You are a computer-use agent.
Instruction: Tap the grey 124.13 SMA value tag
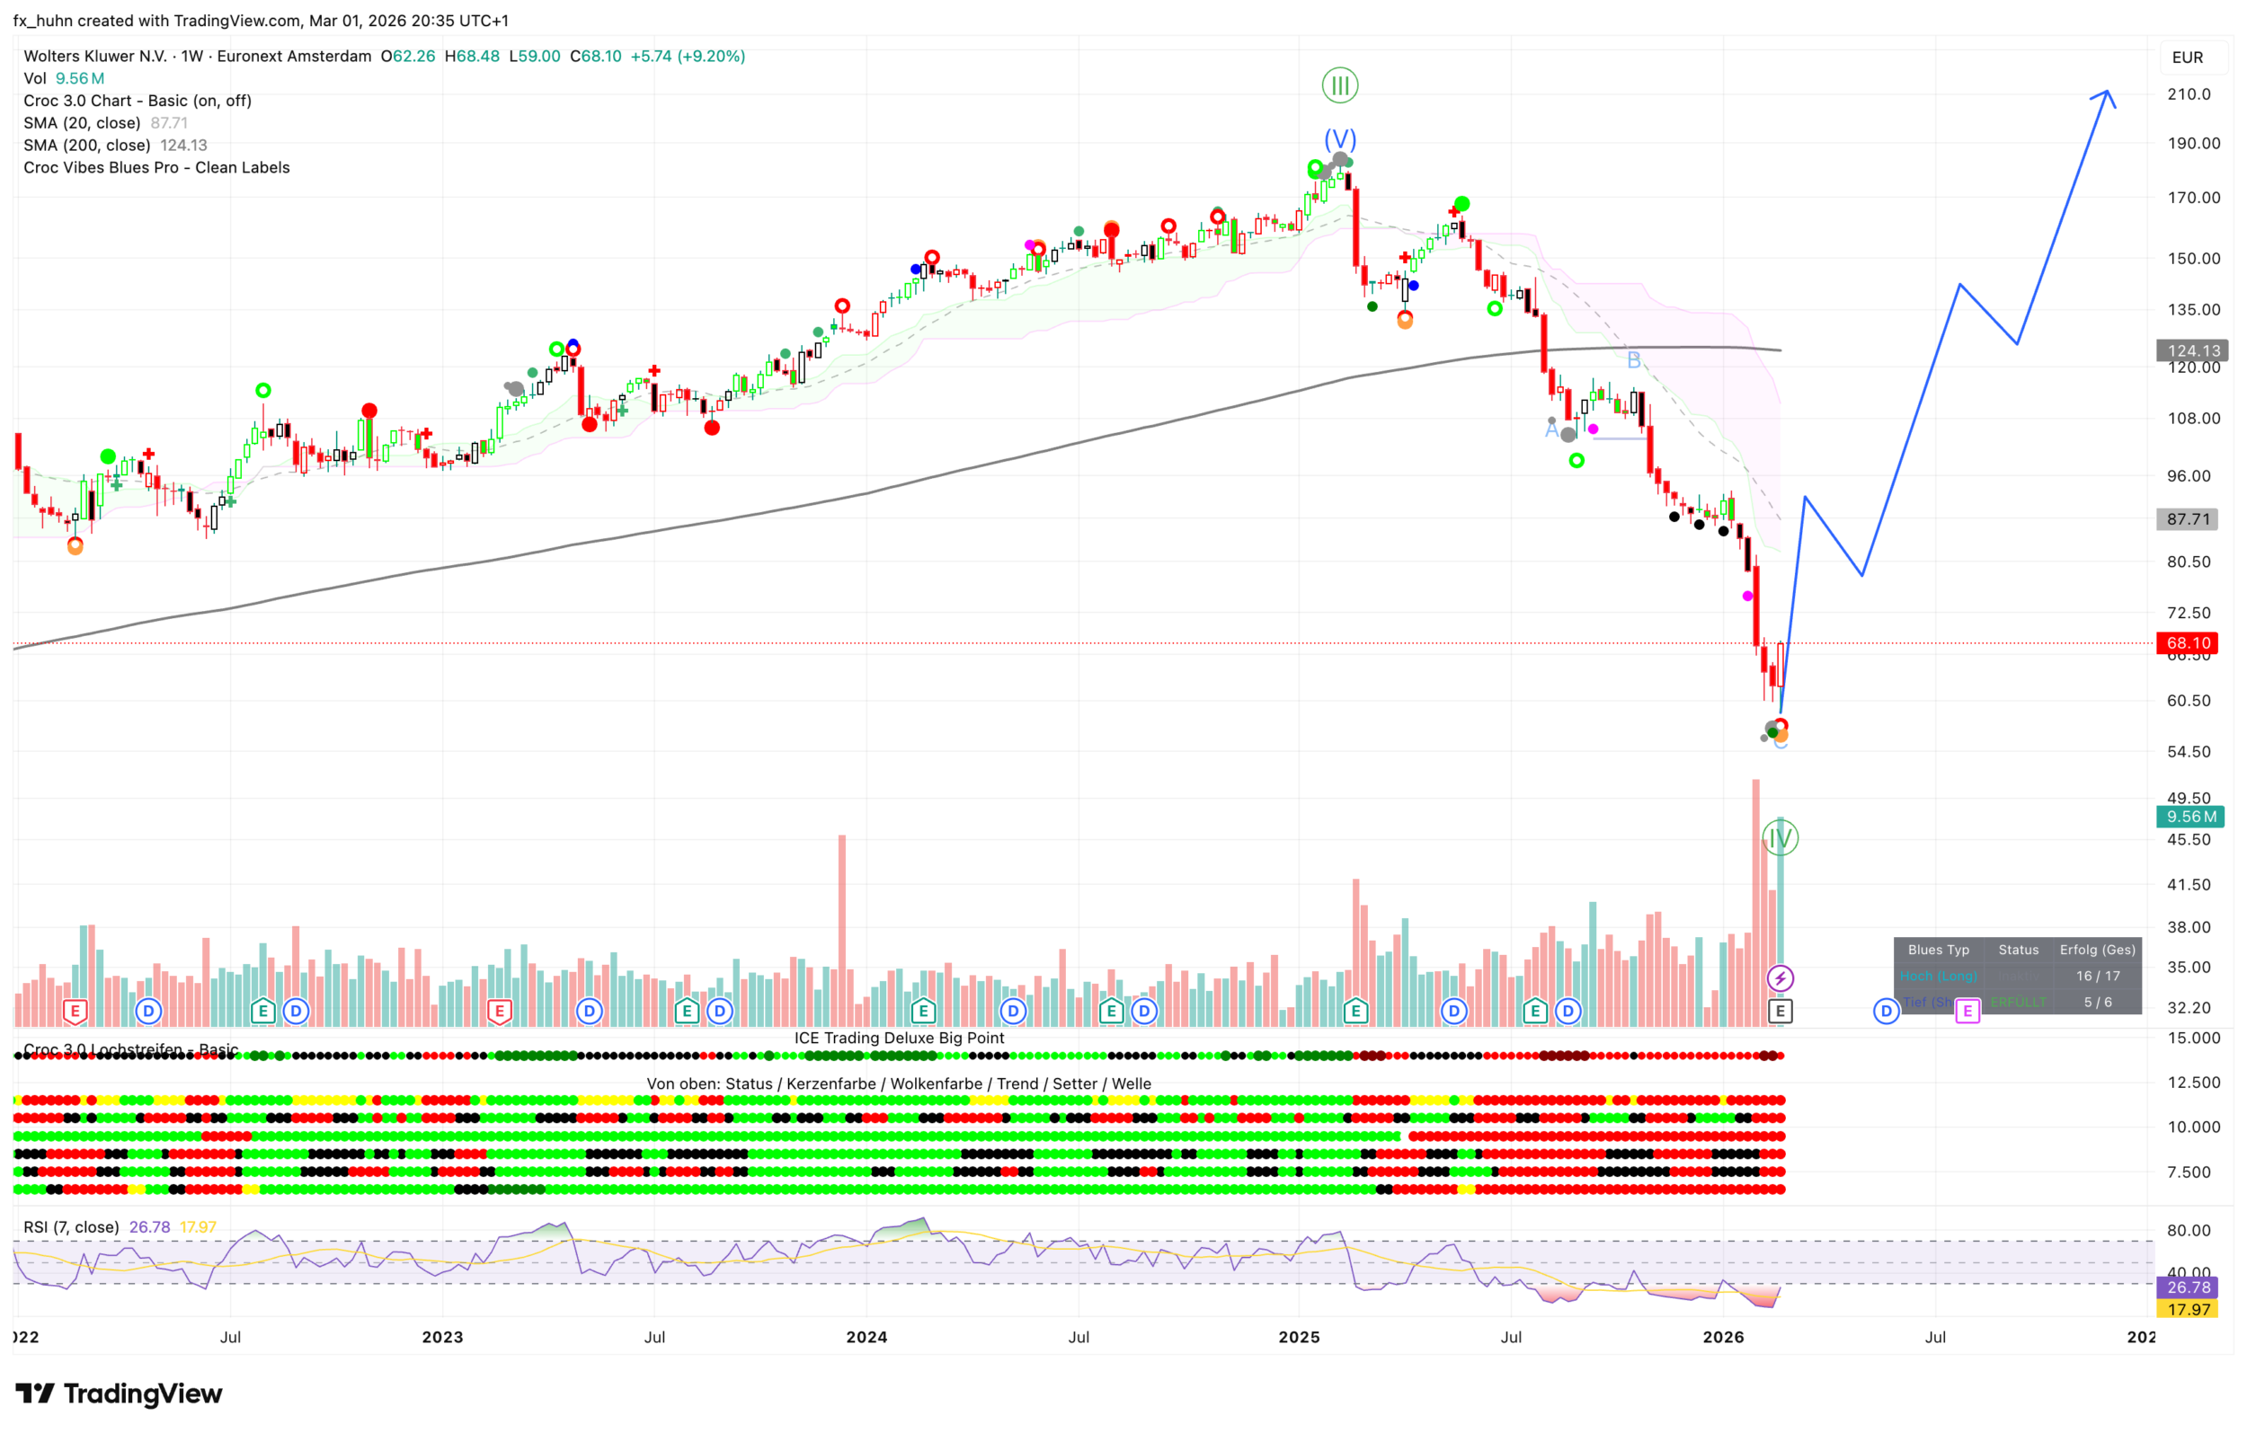pyautogui.click(x=2192, y=350)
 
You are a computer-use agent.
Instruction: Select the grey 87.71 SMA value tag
pyautogui.click(x=2189, y=518)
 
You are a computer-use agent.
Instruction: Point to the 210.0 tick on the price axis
pyautogui.click(x=2189, y=94)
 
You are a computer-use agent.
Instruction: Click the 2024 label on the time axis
pyautogui.click(x=866, y=1337)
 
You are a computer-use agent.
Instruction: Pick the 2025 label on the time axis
pyautogui.click(x=1299, y=1337)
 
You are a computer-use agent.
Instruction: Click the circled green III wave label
pyautogui.click(x=1340, y=86)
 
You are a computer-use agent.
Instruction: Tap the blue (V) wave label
pyautogui.click(x=1340, y=139)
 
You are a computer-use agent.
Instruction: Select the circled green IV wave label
pyautogui.click(x=1780, y=837)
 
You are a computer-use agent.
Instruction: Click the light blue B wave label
pyautogui.click(x=1633, y=360)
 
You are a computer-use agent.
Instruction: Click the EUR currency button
pyautogui.click(x=2188, y=57)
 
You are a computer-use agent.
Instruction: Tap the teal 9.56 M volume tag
pyautogui.click(x=2190, y=817)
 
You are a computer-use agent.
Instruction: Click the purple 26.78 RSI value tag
pyautogui.click(x=2189, y=1287)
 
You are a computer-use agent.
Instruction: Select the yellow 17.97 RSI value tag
pyautogui.click(x=2189, y=1309)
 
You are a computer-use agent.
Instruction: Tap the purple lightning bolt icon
pyautogui.click(x=1780, y=978)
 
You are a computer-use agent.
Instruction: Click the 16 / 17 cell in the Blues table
pyautogui.click(x=2098, y=976)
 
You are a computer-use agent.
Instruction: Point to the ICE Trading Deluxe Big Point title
pyautogui.click(x=899, y=1038)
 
